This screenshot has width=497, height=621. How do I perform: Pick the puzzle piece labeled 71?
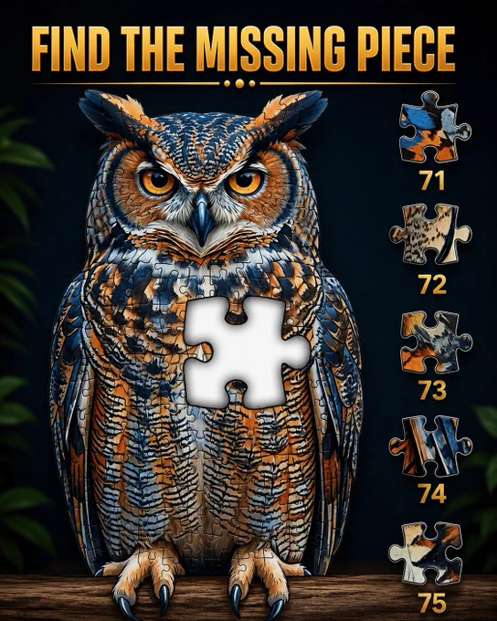(434, 128)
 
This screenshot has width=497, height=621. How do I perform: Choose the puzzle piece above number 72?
(431, 234)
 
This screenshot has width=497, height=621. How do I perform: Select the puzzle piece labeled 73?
(435, 342)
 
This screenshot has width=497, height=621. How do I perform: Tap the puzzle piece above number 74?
(430, 447)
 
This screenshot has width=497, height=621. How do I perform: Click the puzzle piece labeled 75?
(427, 553)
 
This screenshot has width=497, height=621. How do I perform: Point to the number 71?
(432, 181)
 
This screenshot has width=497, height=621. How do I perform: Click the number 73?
(433, 390)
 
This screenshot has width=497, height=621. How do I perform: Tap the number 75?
(432, 603)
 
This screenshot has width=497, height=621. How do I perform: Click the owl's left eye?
(157, 182)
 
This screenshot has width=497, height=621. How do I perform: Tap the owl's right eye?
(246, 182)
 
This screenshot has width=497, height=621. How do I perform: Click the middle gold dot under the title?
(239, 84)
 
